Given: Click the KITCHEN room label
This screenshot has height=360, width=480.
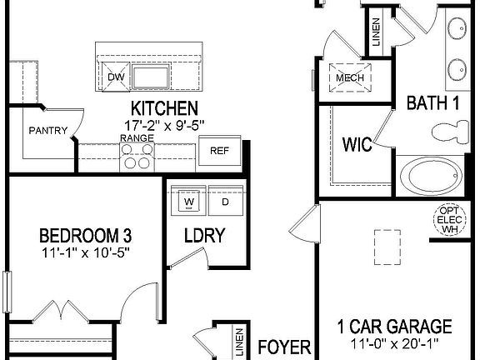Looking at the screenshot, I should point(164,108).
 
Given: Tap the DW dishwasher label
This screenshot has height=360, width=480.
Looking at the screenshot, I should point(116,77).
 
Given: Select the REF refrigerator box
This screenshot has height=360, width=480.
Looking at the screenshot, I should point(219,151).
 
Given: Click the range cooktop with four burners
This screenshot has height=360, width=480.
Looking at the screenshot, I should point(137,156).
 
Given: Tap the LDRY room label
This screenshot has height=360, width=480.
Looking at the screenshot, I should point(204,236).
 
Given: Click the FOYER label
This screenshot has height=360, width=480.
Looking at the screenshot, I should point(284,347).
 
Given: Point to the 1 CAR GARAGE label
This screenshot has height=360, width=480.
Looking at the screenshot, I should point(394,327).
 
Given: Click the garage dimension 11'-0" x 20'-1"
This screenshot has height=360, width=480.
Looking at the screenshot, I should point(394,342).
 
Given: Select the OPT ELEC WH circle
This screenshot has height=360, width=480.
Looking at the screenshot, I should point(449,220).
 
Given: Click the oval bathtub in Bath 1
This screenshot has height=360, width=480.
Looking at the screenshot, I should point(430,177).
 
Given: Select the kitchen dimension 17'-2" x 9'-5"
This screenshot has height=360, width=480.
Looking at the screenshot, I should point(164,124).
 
